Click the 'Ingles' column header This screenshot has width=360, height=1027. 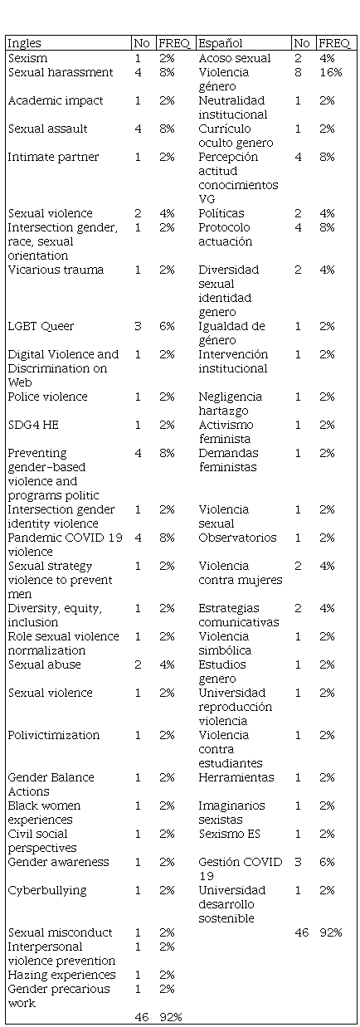point(25,44)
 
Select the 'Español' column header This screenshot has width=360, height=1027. point(220,44)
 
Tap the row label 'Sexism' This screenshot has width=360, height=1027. point(27,58)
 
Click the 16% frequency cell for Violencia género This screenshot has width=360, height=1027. point(331,72)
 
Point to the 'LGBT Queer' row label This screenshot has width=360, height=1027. point(41,327)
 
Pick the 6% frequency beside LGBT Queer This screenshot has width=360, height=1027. point(167,327)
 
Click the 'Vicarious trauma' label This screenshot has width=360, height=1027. point(56,270)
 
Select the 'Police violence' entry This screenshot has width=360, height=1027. point(47,397)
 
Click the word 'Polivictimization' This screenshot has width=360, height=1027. point(54,735)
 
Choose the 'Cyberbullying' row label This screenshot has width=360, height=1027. point(47,891)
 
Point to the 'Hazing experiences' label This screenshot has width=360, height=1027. point(62,976)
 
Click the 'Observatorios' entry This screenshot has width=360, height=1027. point(237,538)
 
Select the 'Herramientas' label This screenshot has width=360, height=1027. point(236,777)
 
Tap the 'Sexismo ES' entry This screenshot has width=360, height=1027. point(229,834)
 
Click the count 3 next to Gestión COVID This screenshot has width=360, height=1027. point(298,863)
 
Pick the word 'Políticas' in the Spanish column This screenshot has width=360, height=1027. point(221,214)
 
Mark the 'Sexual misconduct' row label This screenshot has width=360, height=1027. point(60,933)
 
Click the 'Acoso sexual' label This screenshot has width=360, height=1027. point(235,59)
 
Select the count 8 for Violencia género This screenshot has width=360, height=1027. point(298,72)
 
